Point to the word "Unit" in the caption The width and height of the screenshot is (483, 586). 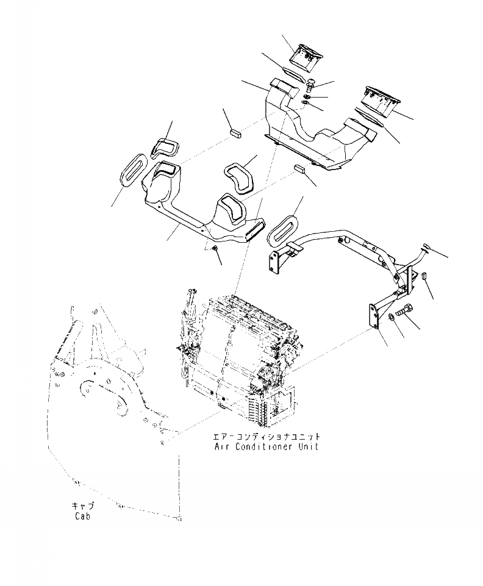[x=309, y=446]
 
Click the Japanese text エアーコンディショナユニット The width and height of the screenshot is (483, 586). [x=267, y=437]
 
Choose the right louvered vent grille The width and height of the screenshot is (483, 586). [x=381, y=99]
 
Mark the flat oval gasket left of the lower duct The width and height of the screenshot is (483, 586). [x=131, y=168]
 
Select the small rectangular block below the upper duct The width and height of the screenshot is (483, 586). [x=299, y=169]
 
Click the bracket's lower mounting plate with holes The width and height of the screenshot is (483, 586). [x=371, y=317]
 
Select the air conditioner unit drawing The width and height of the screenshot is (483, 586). [x=238, y=354]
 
